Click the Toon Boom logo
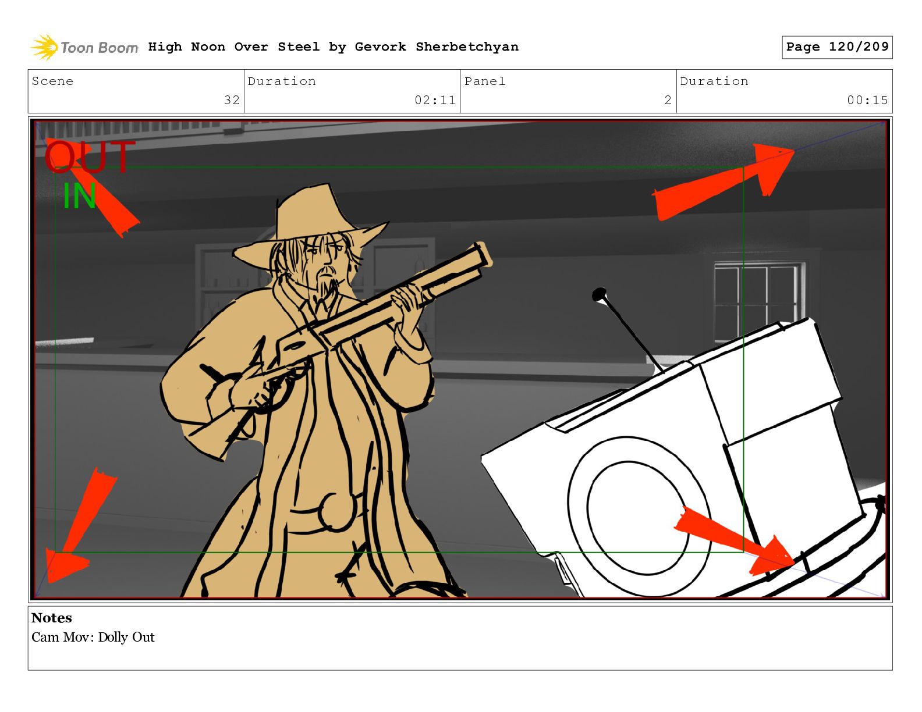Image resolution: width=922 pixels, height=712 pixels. [x=84, y=47]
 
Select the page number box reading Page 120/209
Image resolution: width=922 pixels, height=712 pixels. [x=836, y=47]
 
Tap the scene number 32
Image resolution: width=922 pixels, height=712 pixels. [x=232, y=100]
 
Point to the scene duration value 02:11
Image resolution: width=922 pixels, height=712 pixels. [x=435, y=100]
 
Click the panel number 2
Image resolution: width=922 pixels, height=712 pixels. [x=668, y=100]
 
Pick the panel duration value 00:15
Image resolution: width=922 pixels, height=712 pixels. [x=867, y=100]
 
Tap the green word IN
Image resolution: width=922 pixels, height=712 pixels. [x=79, y=195]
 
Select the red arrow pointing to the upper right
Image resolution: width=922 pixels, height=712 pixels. [x=724, y=181]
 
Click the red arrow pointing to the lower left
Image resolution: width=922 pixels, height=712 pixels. [x=80, y=526]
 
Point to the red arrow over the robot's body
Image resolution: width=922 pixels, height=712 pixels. [x=734, y=540]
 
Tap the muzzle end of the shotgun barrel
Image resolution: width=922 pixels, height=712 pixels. [x=483, y=254]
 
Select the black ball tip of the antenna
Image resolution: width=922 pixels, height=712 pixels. [x=599, y=294]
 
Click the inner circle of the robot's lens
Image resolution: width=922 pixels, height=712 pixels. [x=636, y=517]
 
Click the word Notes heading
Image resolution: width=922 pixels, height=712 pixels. [x=52, y=618]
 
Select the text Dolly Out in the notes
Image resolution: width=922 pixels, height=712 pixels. [x=126, y=638]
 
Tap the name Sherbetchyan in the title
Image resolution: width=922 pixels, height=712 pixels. [x=467, y=47]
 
